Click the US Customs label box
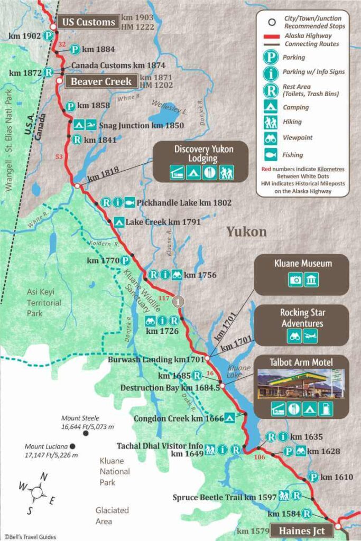click(88, 22)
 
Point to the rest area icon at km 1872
click(49, 72)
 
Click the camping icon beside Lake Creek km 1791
click(118, 222)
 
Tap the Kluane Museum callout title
click(302, 263)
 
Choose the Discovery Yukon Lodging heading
click(203, 154)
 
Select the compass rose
click(36, 492)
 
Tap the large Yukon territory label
click(246, 231)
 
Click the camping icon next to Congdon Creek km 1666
click(229, 418)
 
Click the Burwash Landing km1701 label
click(155, 359)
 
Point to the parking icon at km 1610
click(313, 477)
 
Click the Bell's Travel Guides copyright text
click(30, 537)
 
